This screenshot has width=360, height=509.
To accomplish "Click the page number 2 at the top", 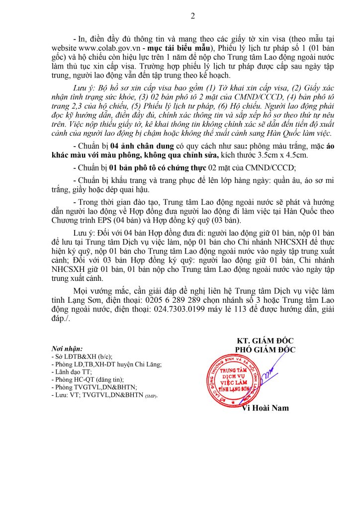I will (192, 16).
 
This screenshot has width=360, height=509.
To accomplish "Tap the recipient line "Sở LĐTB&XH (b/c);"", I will (82, 357).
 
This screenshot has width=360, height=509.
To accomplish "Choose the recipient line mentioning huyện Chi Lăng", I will (106, 364).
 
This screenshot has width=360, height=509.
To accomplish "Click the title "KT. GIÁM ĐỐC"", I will (265, 340).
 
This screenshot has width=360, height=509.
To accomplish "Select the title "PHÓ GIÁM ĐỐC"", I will (265, 349).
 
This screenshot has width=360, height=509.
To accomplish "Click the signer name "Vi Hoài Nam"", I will (265, 408).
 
